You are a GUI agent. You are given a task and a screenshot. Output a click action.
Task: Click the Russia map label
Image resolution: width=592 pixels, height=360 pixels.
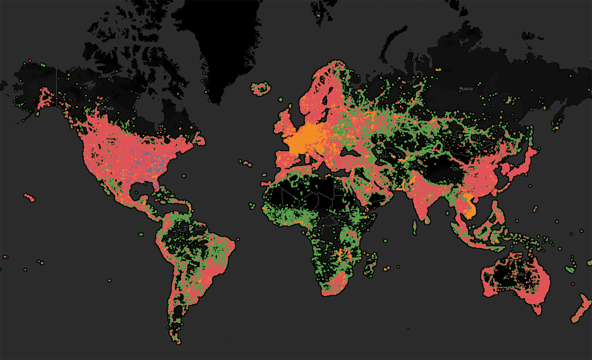pyautogui.click(x=466, y=89)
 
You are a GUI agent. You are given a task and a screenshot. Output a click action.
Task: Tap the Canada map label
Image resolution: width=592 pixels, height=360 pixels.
pyautogui.click(x=106, y=108)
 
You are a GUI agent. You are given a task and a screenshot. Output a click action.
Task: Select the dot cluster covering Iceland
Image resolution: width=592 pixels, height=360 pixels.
pyautogui.click(x=261, y=89)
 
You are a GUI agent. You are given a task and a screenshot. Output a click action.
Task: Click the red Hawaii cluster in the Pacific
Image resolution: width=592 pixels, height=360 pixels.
pyautogui.click(x=30, y=197)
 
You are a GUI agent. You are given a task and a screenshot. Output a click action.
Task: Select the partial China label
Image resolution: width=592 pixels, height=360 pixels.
pyautogui.click(x=457, y=169)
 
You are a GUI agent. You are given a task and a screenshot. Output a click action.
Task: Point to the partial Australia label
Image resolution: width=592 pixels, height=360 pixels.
pyautogui.click(x=520, y=274)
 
